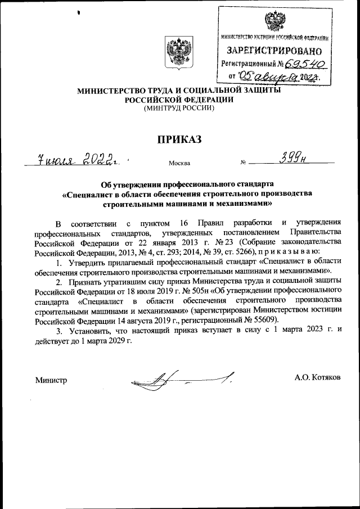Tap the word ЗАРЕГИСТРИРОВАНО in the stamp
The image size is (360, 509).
[274, 51]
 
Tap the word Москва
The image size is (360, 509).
[179, 164]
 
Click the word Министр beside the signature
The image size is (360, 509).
[51, 381]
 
